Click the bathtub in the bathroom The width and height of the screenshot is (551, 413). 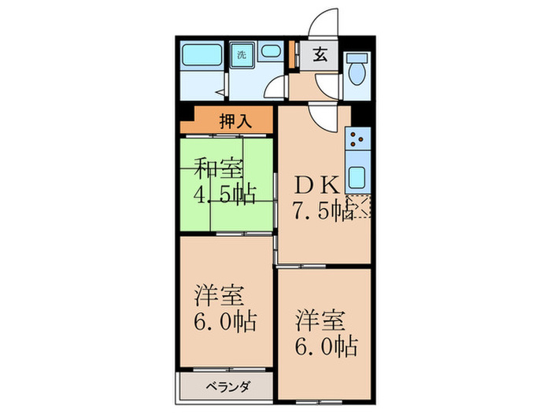point(202,57)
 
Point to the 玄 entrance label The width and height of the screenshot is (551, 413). point(320,54)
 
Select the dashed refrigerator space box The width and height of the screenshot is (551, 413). point(361,207)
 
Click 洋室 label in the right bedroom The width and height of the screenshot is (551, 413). point(320,321)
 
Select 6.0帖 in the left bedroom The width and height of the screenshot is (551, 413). point(226,322)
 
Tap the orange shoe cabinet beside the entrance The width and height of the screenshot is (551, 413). point(294,54)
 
